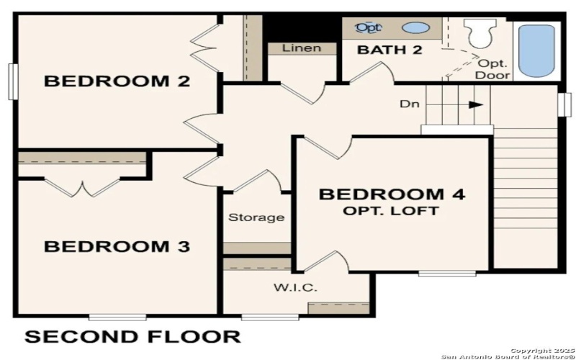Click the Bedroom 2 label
coord(117,81)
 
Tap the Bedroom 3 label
coord(117,247)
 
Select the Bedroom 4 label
coord(392,194)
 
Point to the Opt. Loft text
coord(392,211)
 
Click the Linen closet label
coord(302,48)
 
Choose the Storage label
coord(256,217)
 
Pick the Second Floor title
coord(132,336)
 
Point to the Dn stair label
coord(409,104)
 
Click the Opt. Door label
coord(495,69)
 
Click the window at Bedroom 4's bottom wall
coord(446,274)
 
